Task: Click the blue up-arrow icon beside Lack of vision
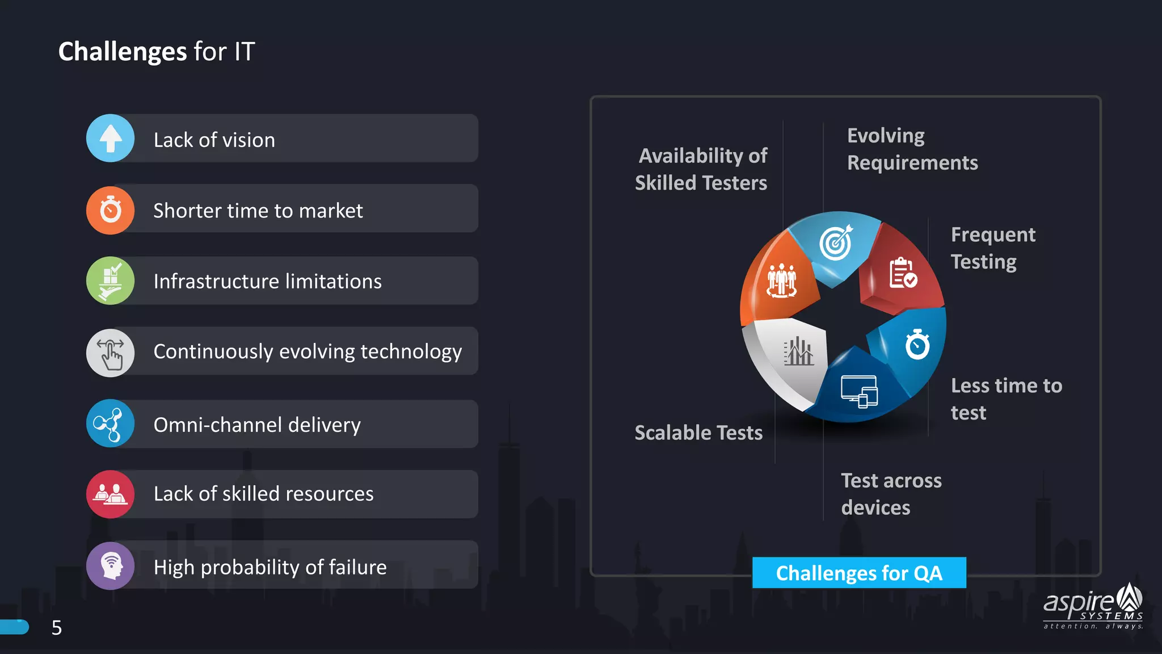pos(111,139)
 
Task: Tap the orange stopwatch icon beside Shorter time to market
pos(111,210)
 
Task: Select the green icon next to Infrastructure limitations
pos(111,280)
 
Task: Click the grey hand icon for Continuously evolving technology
pos(111,353)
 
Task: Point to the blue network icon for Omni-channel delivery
pos(111,424)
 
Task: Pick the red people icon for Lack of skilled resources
pos(111,494)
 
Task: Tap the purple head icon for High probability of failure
pos(111,565)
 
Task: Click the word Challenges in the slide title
pos(122,52)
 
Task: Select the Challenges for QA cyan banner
pos(858,573)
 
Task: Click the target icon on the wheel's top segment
pos(836,242)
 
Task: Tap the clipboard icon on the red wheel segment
pos(902,273)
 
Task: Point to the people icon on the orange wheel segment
pos(781,280)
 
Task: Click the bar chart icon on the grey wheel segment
pos(798,351)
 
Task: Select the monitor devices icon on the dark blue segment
pos(859,391)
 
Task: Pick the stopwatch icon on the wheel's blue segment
pos(917,344)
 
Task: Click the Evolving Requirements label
pos(912,149)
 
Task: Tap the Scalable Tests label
pos(698,433)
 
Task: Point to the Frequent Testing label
pos(992,248)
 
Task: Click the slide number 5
pos(57,627)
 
